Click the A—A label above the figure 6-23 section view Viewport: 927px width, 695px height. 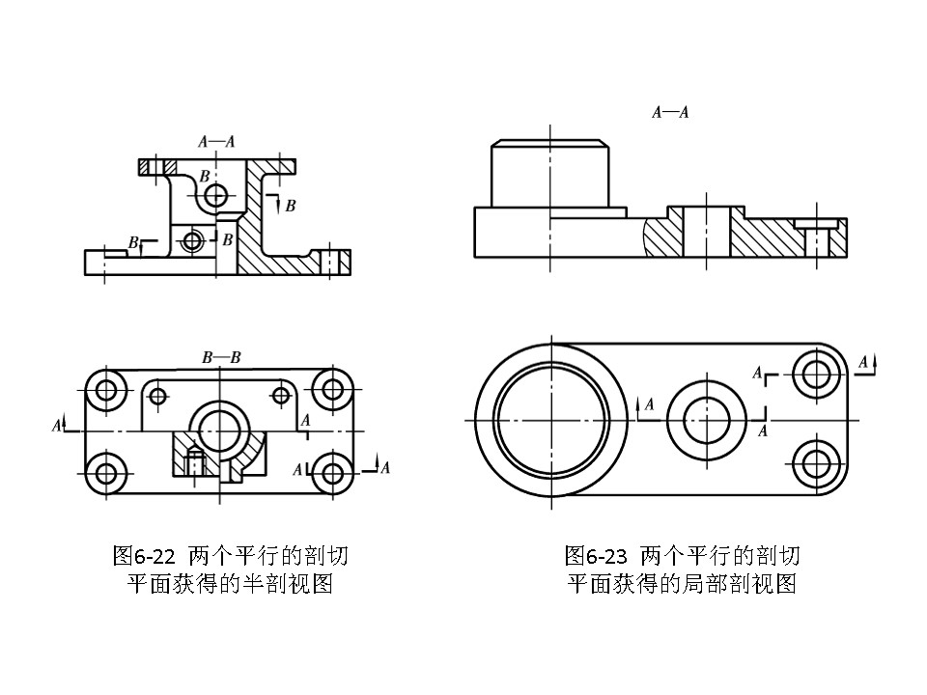coord(670,112)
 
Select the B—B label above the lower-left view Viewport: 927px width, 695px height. coord(221,357)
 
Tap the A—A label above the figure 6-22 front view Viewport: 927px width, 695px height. coord(216,141)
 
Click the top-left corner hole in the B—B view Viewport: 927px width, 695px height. coord(105,390)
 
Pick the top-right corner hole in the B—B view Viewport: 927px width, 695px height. coord(334,390)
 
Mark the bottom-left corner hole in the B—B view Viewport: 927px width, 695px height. coord(105,473)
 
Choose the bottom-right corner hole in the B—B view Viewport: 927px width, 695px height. coord(334,473)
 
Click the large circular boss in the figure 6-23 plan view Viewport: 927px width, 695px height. coord(550,420)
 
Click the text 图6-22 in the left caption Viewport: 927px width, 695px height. coord(144,556)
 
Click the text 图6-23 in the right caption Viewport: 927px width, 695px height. coord(597,556)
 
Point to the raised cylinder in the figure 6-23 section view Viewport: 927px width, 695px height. coord(550,174)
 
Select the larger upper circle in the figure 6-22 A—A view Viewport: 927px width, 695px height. coord(216,196)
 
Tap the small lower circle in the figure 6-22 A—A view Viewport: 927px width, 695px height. coord(194,239)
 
